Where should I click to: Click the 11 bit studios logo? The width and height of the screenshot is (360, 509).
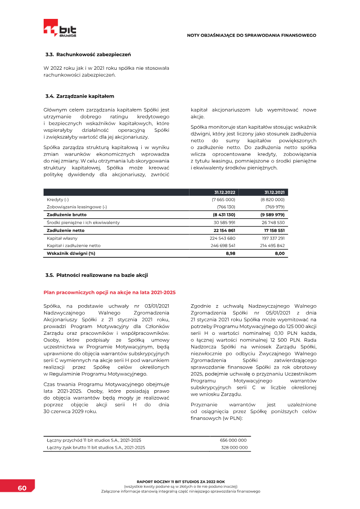60,28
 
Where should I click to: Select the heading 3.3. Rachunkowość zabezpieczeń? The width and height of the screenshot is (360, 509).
88,54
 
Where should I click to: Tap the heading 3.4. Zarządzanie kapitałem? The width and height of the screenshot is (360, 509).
80,96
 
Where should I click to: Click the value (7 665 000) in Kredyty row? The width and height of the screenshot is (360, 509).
224,199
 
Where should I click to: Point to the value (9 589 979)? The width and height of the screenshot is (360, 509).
272,215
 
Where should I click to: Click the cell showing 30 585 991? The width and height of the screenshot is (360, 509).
224,222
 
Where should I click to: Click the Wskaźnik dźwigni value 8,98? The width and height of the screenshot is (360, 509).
230,253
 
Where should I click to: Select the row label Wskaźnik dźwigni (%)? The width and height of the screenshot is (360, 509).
71,253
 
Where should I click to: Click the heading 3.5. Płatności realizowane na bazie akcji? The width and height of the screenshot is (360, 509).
96,275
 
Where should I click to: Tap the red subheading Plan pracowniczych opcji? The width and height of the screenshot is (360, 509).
109,293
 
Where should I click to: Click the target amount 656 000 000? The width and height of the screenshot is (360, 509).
233,440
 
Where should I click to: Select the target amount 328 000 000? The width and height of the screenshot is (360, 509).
234,447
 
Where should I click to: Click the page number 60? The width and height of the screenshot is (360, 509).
22,489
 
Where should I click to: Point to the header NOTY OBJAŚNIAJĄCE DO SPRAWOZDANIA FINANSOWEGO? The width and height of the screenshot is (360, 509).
252,35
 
